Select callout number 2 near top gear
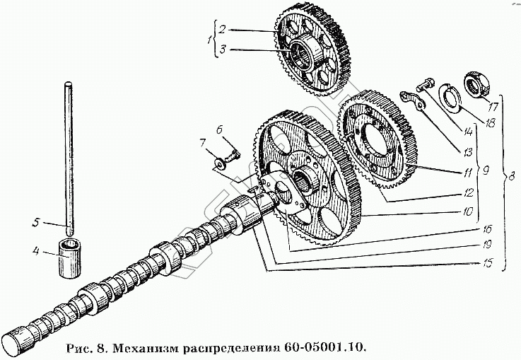pyautogui.click(x=221, y=29)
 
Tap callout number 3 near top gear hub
pyautogui.click(x=221, y=50)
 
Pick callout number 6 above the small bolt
pyautogui.click(x=220, y=129)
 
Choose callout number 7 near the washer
pyautogui.click(x=202, y=144)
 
